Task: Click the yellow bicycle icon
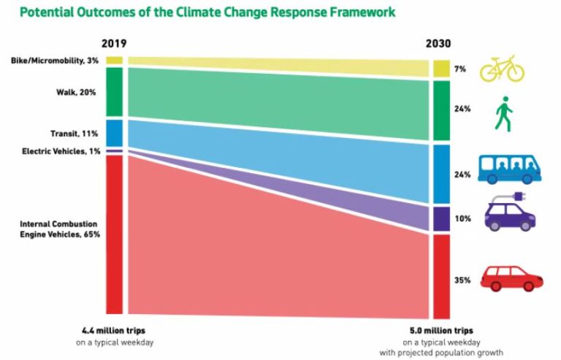[x=502, y=69]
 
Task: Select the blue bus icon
[x=509, y=168]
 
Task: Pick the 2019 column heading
[x=113, y=43]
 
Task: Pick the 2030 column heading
[x=440, y=43]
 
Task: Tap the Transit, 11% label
[x=80, y=134]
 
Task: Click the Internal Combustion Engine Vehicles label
[x=60, y=229]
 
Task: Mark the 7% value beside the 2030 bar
[x=462, y=68]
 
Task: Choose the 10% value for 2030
[x=462, y=218]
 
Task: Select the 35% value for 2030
[x=462, y=280]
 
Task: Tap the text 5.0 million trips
[x=440, y=331]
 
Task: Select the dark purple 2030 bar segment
[x=440, y=218]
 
